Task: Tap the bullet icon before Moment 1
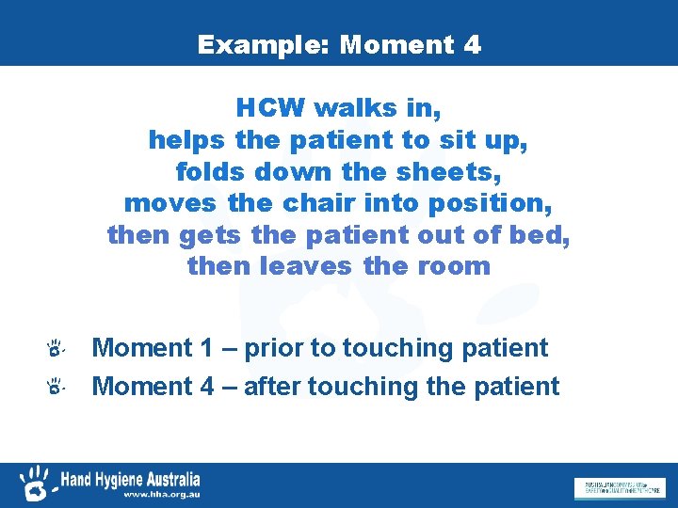pos(56,350)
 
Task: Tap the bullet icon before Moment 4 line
pos(56,387)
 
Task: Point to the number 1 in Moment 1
pos(207,348)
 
